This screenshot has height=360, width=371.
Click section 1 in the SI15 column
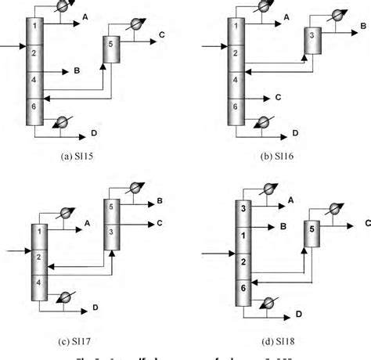tap(34, 27)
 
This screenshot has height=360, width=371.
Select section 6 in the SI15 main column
tap(34, 105)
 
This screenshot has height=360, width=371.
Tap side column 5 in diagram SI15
tap(112, 46)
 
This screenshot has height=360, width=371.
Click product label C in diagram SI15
tap(160, 35)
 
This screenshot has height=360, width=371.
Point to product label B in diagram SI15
tap(77, 70)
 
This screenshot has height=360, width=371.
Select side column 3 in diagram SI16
tap(312, 36)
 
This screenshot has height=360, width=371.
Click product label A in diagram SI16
tap(287, 16)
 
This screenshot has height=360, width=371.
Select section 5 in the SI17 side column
tap(112, 207)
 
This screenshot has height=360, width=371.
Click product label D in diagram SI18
tap(298, 315)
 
